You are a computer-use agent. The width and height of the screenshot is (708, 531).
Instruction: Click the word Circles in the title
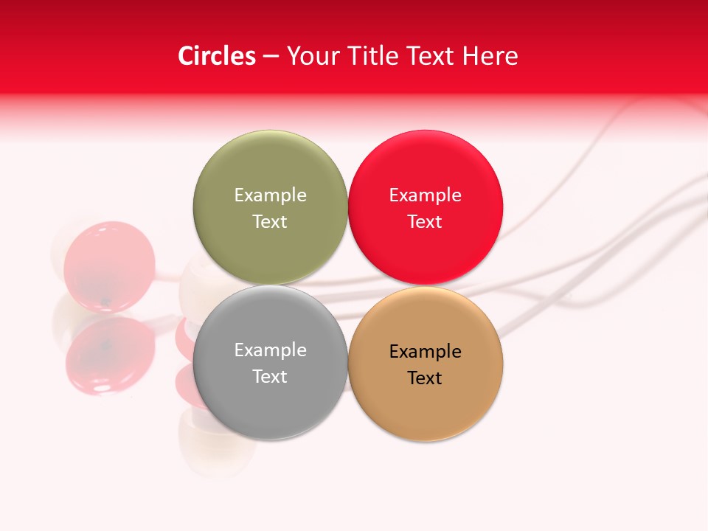click(217, 56)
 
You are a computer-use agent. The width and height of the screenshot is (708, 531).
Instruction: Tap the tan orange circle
click(426, 395)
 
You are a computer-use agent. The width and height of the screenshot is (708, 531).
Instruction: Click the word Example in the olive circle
click(270, 195)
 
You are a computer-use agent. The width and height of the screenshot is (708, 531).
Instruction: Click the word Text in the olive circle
click(270, 221)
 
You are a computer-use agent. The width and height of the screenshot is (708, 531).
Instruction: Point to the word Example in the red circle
click(426, 195)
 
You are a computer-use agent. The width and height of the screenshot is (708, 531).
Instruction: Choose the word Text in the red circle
click(426, 221)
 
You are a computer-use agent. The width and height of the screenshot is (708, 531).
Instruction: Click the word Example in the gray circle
click(270, 350)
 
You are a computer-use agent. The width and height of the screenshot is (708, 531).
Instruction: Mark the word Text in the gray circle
click(270, 376)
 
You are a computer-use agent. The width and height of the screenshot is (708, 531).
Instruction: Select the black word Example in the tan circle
click(426, 351)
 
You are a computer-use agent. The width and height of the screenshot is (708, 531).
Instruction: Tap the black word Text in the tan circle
click(426, 378)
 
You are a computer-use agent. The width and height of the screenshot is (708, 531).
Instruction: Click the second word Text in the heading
click(429, 56)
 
